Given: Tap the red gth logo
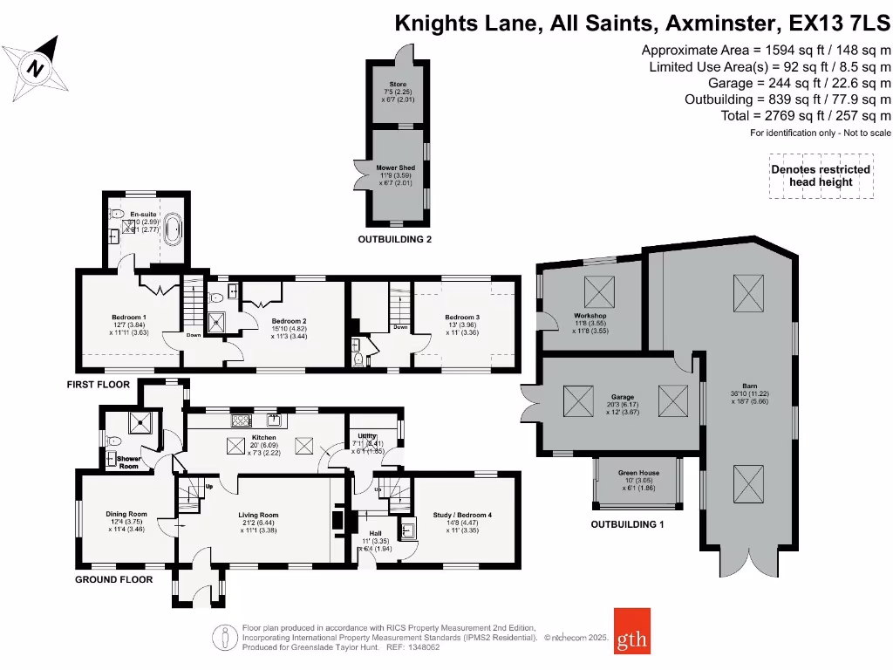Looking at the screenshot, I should (x=632, y=630).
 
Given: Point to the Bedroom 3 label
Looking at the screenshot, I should (x=462, y=318).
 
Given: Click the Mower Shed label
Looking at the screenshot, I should (x=396, y=167).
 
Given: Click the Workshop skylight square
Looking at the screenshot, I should (x=597, y=289).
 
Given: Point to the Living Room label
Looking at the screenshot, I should (x=258, y=515).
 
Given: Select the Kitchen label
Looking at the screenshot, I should (x=263, y=437).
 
